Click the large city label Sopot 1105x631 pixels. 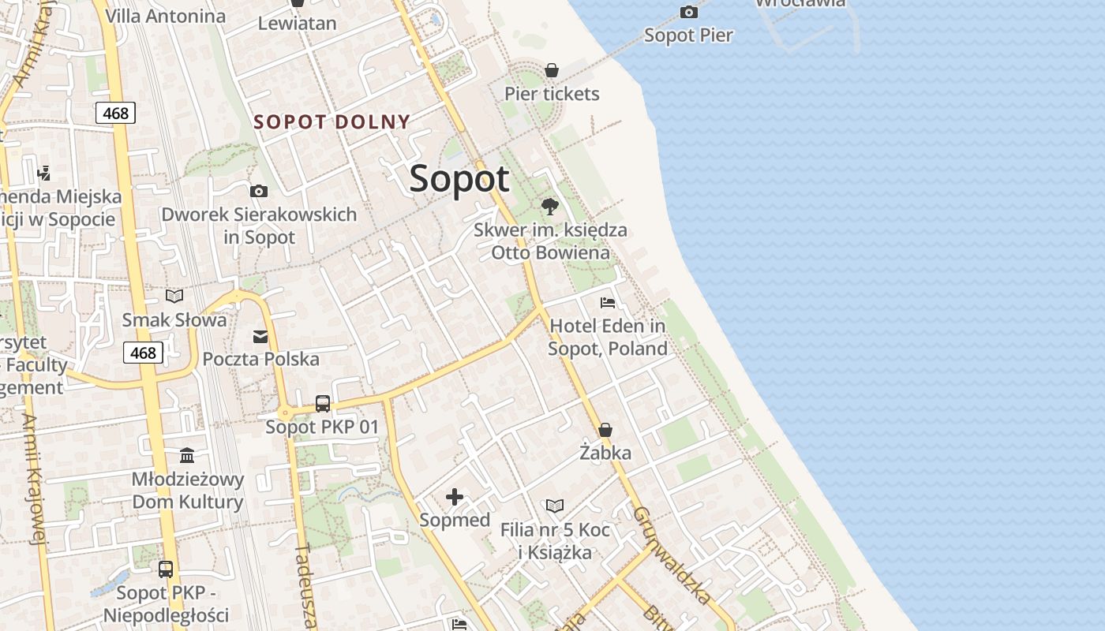point(459,179)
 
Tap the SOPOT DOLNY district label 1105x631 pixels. point(331,121)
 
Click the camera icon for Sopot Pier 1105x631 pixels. point(689,12)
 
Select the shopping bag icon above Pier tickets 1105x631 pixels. point(552,70)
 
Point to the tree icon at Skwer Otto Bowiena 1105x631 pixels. point(550,207)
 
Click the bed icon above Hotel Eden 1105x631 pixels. point(607,303)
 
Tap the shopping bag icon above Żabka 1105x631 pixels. point(605,430)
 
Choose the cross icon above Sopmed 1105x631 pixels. point(455,497)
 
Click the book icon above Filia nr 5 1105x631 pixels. point(555,506)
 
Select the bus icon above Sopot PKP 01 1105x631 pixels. point(322,404)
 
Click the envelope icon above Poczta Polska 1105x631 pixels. point(260,337)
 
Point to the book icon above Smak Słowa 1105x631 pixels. point(174,297)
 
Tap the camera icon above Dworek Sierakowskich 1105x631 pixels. point(258,192)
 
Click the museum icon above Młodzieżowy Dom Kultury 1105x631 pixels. point(187,456)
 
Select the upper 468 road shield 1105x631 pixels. point(116,113)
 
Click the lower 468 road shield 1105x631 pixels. point(143,353)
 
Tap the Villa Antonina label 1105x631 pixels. point(165,16)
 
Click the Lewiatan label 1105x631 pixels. point(298,23)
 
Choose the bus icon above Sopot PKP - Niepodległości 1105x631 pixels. point(166,569)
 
